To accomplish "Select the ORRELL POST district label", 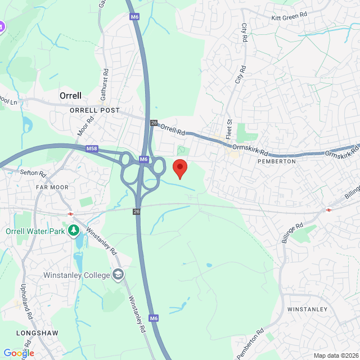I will (94, 110).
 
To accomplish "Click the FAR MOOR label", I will (51, 187).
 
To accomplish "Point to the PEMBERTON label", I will (276, 161).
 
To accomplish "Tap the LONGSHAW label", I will (38, 332).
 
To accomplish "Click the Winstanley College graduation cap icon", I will (118, 274).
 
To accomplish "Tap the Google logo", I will (19, 353).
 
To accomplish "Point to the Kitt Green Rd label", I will (290, 17).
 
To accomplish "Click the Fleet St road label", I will (228, 129).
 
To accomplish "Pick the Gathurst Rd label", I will (104, 85).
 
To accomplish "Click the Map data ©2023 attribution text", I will (335, 355).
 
